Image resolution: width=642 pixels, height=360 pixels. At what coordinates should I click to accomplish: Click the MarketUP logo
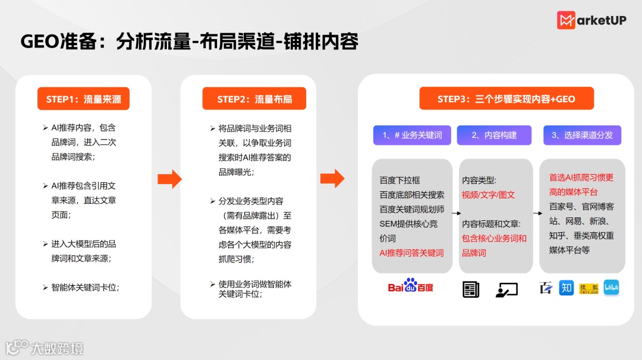(x=591, y=20)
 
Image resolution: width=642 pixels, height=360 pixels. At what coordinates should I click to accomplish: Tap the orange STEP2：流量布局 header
(x=254, y=99)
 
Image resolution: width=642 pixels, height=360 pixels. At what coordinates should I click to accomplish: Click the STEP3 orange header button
(x=506, y=99)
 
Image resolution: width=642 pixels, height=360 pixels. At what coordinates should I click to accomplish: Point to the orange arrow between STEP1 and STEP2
(x=169, y=179)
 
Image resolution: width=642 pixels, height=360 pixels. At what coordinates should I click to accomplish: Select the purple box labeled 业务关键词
(x=412, y=135)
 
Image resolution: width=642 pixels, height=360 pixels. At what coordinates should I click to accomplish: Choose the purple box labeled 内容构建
(x=494, y=135)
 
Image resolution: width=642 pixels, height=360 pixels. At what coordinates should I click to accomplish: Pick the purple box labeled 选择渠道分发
(x=582, y=135)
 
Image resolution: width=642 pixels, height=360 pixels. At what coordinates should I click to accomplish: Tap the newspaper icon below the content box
(x=471, y=289)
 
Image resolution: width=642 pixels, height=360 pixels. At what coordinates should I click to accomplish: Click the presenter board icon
(x=506, y=289)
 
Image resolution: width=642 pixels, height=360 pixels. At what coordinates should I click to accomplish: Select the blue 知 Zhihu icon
(x=567, y=288)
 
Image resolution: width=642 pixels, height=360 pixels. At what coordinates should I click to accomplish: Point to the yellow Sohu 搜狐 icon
(x=589, y=288)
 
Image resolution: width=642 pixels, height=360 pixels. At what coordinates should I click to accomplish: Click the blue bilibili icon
(x=611, y=288)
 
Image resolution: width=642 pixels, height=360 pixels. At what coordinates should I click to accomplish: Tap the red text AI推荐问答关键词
(x=412, y=252)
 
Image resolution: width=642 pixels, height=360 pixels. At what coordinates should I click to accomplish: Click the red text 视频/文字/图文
(x=489, y=194)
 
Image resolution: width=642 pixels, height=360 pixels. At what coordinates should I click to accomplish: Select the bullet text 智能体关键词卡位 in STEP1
(x=85, y=288)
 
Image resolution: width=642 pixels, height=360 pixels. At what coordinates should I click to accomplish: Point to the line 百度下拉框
(x=400, y=180)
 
